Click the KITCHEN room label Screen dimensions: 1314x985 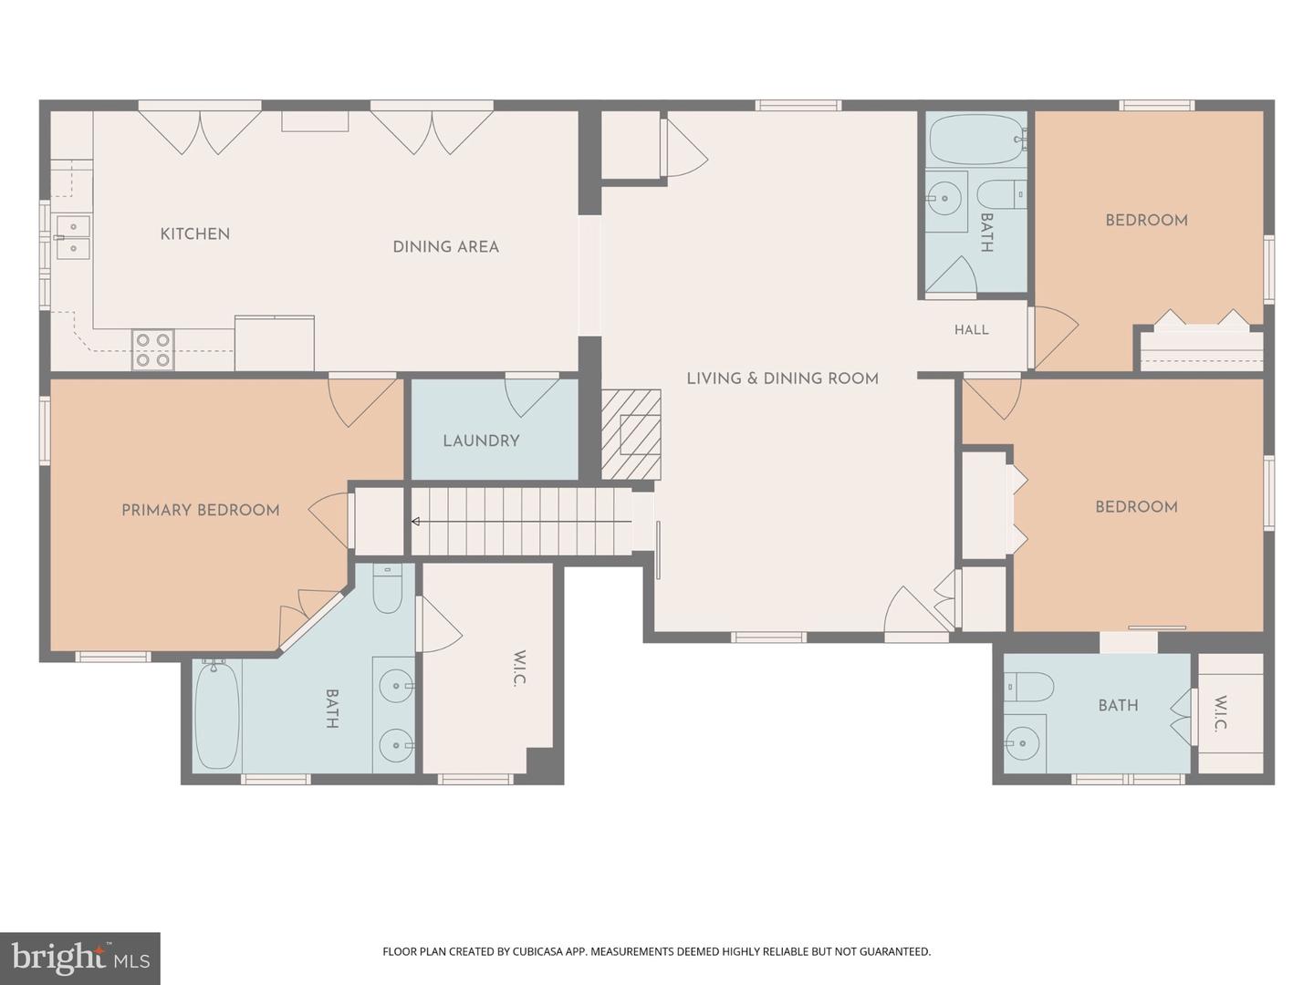click(x=195, y=233)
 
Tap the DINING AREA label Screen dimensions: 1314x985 click(x=446, y=247)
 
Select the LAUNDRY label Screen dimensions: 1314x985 click(x=481, y=441)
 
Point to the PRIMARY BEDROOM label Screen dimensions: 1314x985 click(x=201, y=510)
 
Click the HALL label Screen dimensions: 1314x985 click(x=972, y=329)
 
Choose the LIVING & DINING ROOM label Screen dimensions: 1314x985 click(x=782, y=378)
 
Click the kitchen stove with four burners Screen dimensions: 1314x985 click(x=152, y=349)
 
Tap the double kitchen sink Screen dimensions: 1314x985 click(x=73, y=237)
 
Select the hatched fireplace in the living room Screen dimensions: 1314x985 click(x=631, y=434)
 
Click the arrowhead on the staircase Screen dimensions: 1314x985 click(x=415, y=522)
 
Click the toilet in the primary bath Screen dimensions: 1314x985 click(x=387, y=588)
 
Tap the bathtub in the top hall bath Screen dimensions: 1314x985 click(x=977, y=140)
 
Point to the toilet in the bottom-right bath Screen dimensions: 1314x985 click(x=1028, y=687)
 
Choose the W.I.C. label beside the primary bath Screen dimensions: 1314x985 click(x=519, y=669)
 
